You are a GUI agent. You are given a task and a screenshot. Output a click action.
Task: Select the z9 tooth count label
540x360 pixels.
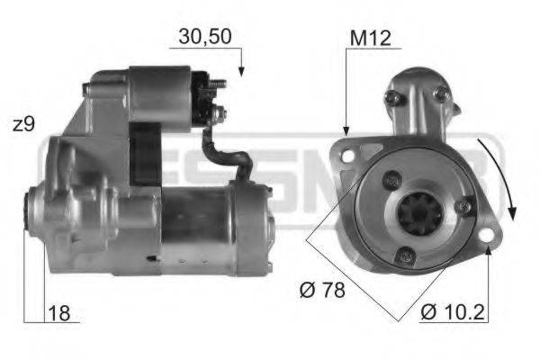23,125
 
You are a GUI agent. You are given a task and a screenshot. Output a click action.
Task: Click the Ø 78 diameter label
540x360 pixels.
321,290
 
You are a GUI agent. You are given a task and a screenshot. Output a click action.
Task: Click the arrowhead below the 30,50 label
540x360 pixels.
240,71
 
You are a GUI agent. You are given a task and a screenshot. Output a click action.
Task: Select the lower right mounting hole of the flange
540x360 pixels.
490,237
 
